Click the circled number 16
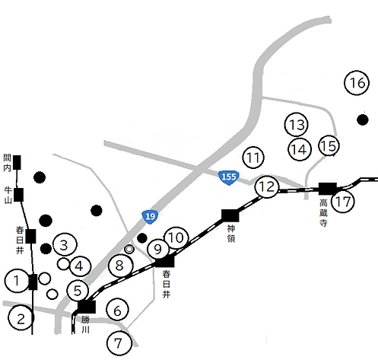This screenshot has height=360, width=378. point(356,84)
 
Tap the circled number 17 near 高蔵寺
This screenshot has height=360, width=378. point(343,202)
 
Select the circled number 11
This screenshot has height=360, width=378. point(253,158)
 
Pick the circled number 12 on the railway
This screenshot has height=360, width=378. point(266,186)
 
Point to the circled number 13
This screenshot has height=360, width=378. point(297,124)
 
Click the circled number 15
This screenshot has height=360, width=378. point(328,145)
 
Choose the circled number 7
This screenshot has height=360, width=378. point(118,342)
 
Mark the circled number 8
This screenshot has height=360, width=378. point(119,266)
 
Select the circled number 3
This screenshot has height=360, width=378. point(65,245)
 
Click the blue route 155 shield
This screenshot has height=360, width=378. point(227,177)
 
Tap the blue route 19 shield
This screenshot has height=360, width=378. point(151,218)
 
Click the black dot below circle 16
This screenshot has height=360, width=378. point(362,119)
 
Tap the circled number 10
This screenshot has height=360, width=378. point(176,237)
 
